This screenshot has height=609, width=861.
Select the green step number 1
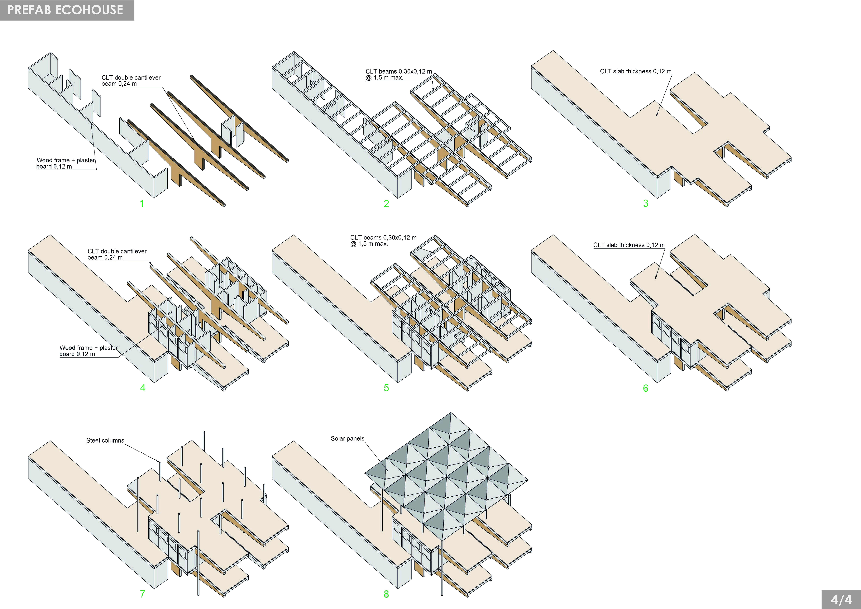(142, 204)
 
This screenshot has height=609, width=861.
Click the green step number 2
(386, 204)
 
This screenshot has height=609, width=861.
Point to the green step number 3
(645, 203)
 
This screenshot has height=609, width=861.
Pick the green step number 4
(142, 388)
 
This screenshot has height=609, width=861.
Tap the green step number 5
(386, 388)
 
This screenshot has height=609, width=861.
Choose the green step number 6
(645, 388)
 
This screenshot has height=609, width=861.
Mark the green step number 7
(142, 594)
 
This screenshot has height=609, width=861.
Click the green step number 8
(386, 594)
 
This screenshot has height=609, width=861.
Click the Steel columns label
(105, 441)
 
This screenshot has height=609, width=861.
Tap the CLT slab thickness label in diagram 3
(636, 71)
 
